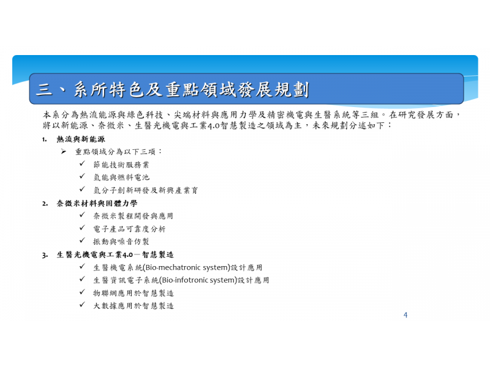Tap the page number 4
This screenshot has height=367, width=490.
coord(405,315)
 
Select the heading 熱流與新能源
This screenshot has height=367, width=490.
coord(81,139)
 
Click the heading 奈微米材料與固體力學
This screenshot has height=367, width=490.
coord(97,204)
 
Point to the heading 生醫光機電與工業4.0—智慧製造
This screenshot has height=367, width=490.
coord(115,254)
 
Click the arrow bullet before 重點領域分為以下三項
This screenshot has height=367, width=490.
coord(64,152)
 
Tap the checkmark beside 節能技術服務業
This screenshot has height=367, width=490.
coord(82,163)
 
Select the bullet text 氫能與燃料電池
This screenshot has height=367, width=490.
coord(121,177)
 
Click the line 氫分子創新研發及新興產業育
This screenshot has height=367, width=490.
coord(146,190)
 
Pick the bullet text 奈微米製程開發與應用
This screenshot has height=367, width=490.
coord(133,216)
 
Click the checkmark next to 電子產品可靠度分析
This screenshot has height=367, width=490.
coord(82,228)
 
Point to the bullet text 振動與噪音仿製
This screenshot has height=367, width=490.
coord(121,242)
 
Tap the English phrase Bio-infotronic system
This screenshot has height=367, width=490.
coord(198,280)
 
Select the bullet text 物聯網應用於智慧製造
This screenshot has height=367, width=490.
coord(134,293)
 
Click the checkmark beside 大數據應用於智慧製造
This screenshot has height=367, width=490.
coord(82,305)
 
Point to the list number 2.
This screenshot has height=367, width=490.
coord(45,204)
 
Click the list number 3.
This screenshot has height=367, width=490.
coord(45,255)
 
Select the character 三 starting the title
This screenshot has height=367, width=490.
coord(43,90)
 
